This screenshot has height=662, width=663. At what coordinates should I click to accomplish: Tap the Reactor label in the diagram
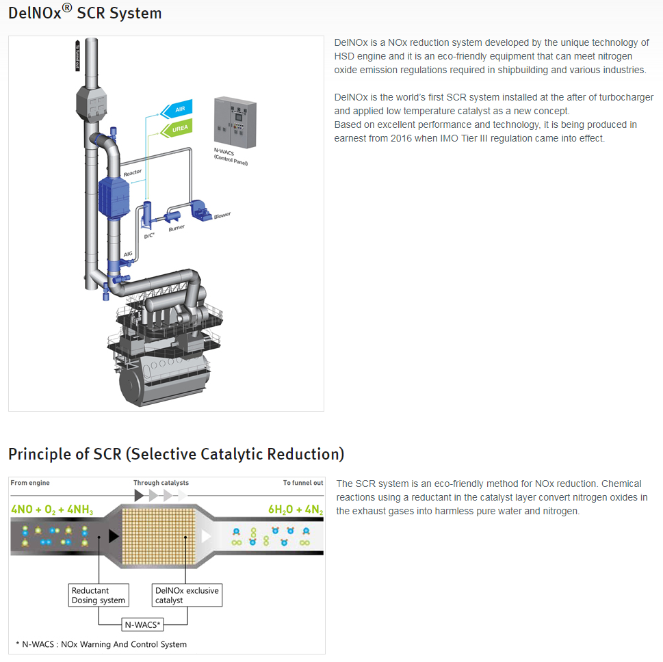[132, 173]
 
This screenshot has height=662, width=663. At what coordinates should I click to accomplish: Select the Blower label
[222, 216]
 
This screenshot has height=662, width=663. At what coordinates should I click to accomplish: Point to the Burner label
[177, 228]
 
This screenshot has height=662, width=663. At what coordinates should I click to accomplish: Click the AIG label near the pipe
[128, 254]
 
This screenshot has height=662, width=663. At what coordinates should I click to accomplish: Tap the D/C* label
[149, 236]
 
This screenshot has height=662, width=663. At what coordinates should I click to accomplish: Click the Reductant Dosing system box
[99, 595]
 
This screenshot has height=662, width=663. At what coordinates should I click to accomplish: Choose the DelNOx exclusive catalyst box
[187, 595]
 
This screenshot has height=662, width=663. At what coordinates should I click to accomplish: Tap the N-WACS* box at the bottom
[143, 624]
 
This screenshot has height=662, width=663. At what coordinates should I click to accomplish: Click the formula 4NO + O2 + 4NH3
[53, 509]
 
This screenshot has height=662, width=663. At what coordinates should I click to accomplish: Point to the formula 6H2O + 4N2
[296, 509]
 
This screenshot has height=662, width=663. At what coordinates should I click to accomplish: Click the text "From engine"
[30, 483]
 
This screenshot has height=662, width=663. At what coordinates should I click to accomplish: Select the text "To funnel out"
[303, 483]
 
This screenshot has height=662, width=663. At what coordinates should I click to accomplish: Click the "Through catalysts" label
[161, 483]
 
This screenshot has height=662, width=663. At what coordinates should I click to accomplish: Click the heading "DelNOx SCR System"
[85, 12]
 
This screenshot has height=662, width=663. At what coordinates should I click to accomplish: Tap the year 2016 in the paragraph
[403, 138]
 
